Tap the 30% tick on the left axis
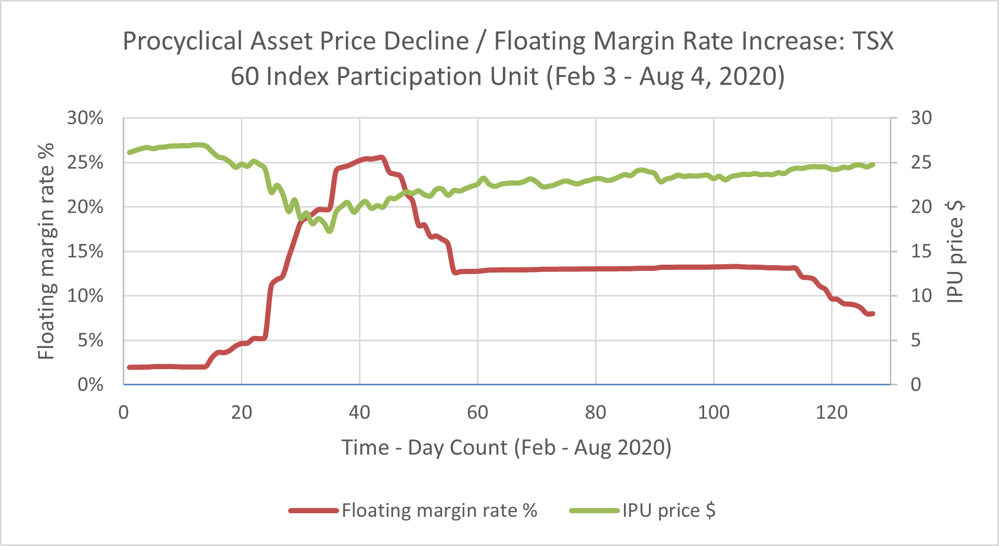(85, 118)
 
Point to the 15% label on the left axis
(85, 252)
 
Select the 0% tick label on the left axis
(90, 385)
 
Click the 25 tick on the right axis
(920, 163)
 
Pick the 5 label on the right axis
(916, 341)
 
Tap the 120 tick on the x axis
(831, 412)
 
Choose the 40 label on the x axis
(359, 412)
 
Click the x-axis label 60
(477, 412)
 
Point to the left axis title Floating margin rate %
(46, 251)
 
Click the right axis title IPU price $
(955, 251)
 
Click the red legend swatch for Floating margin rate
(314, 511)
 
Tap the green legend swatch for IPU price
(594, 511)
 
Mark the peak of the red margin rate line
(381, 157)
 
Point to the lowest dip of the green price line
(330, 230)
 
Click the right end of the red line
(873, 314)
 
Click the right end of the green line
(873, 165)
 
